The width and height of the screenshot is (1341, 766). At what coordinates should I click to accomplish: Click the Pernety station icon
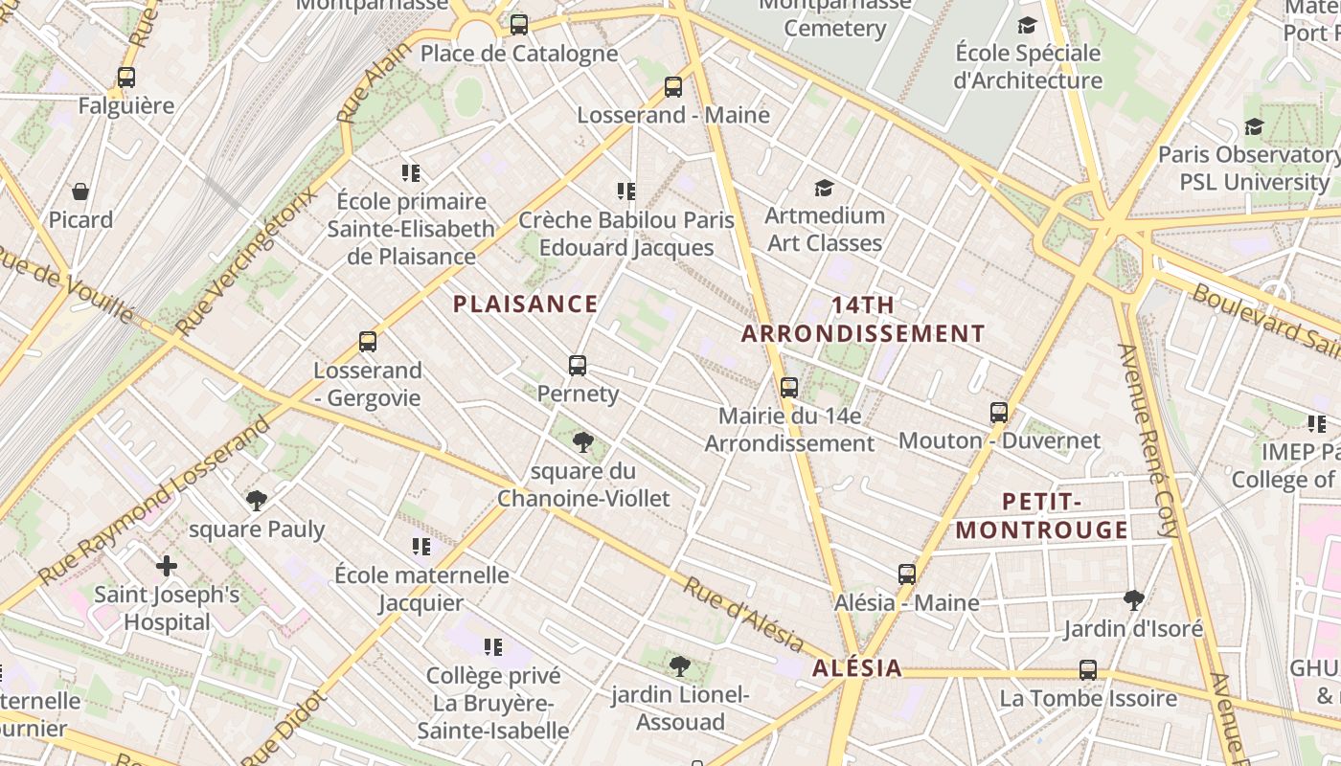click(577, 365)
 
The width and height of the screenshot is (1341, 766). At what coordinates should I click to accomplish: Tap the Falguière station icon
click(126, 78)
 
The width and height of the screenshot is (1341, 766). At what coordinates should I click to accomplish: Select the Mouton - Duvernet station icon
click(999, 413)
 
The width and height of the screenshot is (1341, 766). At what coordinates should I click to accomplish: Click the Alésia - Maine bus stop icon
click(907, 574)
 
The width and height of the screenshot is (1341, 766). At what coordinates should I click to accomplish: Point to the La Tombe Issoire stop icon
click(1088, 669)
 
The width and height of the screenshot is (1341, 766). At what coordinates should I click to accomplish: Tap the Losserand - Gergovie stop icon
click(367, 342)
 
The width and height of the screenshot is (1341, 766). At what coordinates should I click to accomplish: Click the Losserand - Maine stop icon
click(673, 87)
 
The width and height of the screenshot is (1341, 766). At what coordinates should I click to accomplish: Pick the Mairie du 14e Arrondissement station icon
click(789, 388)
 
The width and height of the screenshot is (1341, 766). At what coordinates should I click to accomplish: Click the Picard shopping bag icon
click(80, 191)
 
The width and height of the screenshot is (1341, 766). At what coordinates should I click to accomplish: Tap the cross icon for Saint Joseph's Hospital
click(167, 566)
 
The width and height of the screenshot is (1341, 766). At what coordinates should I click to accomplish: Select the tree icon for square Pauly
click(256, 500)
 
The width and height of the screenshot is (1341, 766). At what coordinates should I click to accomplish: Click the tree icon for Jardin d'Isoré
click(1133, 600)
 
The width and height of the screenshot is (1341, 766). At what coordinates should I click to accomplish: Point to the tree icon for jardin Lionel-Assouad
click(680, 665)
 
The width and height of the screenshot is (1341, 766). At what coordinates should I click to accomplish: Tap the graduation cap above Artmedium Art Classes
click(824, 187)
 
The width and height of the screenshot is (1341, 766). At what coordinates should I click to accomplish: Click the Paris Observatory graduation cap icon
click(1253, 126)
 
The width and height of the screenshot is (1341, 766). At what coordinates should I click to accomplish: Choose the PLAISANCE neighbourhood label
click(525, 304)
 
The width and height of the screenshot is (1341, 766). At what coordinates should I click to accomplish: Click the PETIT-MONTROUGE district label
click(1042, 515)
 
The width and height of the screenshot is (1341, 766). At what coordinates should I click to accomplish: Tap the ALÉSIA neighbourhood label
click(857, 668)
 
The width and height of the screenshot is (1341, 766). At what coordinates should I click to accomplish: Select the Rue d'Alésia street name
click(742, 613)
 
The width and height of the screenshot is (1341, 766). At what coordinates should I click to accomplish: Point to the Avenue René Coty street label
click(1148, 440)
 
